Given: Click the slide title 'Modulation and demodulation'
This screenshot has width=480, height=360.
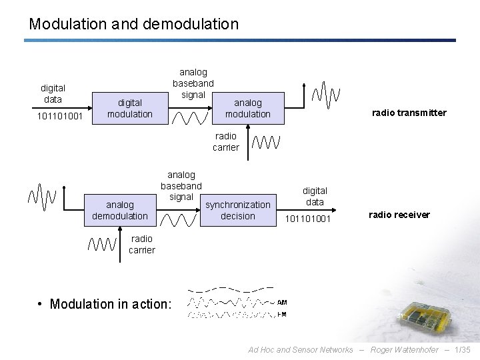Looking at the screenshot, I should click(x=133, y=24).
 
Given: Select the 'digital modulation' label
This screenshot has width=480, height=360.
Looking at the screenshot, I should click(x=130, y=108).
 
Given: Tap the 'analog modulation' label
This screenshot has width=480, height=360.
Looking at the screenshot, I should click(x=248, y=108).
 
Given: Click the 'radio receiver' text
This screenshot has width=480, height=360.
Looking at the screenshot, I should click(x=399, y=215).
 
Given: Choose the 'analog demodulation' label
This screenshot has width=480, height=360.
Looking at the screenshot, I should click(x=120, y=210).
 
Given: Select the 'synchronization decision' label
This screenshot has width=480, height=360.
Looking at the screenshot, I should click(x=238, y=210).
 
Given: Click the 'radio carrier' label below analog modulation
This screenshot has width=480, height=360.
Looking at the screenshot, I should click(x=226, y=141).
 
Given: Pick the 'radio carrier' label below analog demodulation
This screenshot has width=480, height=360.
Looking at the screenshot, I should click(x=141, y=244).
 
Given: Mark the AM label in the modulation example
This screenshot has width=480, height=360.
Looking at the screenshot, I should click(x=282, y=302).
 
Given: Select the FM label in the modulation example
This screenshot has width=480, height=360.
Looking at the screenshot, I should click(x=282, y=315).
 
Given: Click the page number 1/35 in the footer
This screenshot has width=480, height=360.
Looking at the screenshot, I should click(x=461, y=350).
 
